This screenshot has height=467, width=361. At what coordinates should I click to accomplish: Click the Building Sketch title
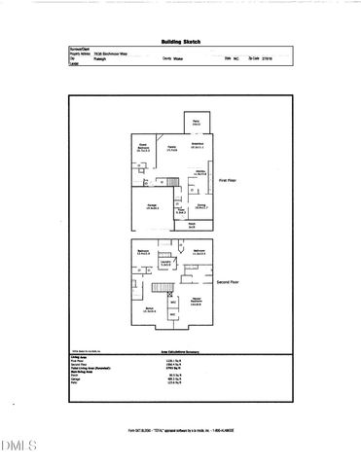coord(181,43)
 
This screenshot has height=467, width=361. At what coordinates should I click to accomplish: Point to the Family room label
coord(172,149)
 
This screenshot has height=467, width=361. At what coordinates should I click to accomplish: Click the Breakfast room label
coord(196,146)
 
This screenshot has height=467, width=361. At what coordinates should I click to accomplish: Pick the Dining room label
coord(200,206)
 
